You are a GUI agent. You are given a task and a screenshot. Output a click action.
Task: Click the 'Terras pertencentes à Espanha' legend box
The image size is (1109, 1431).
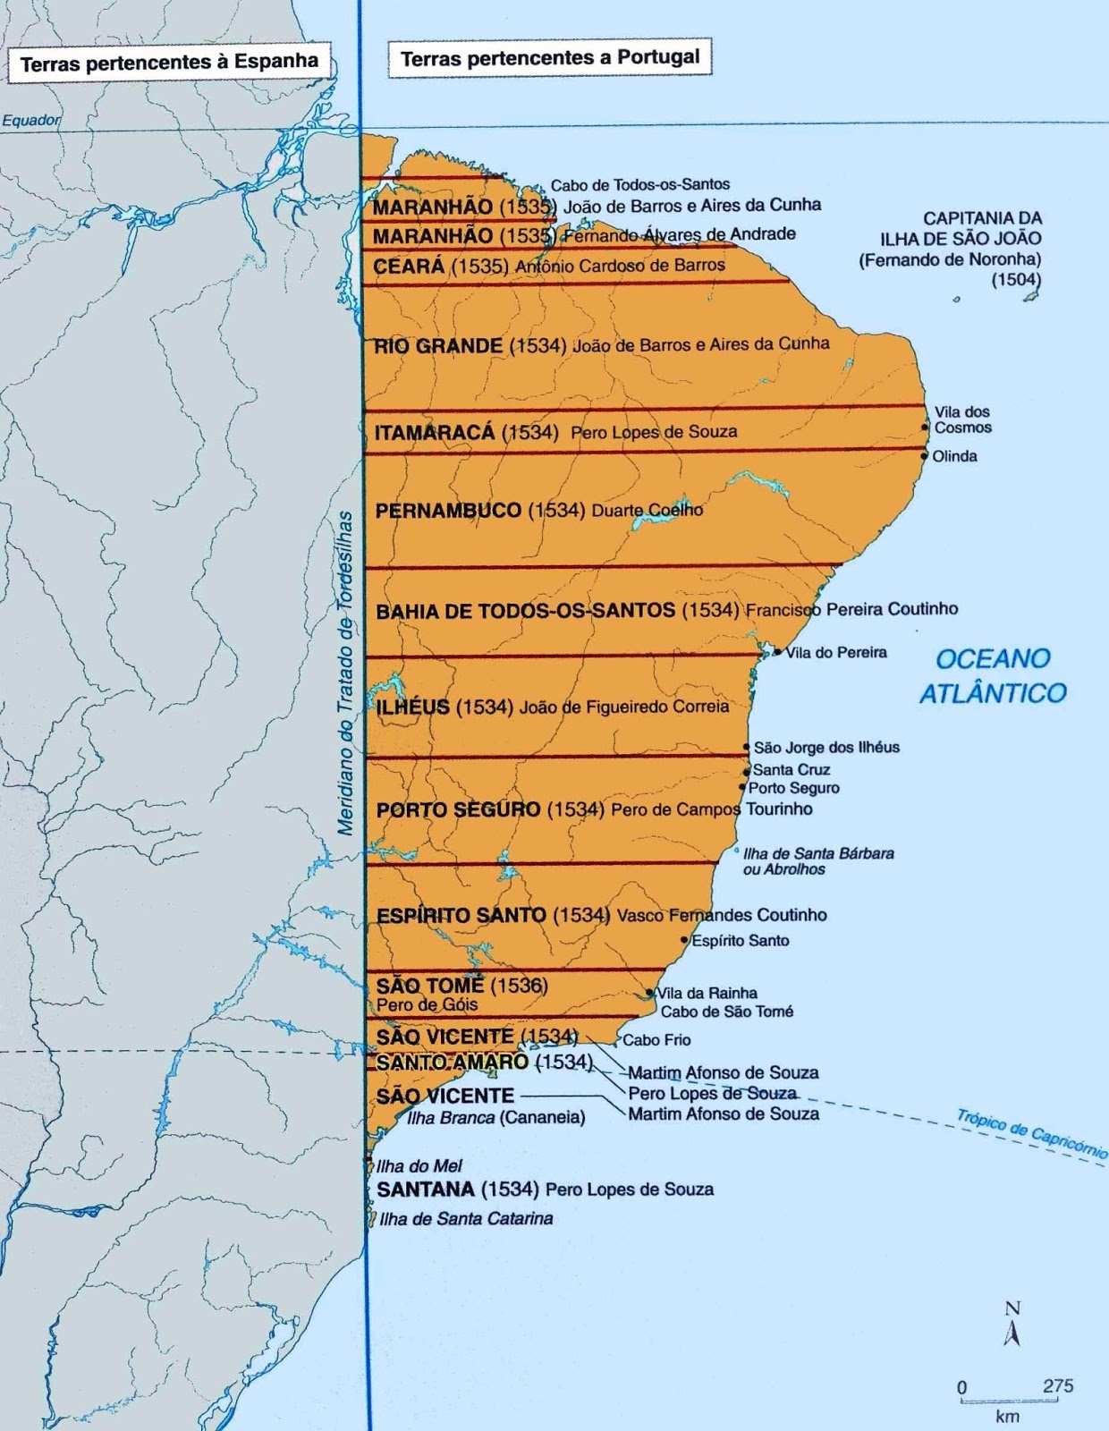[169, 63]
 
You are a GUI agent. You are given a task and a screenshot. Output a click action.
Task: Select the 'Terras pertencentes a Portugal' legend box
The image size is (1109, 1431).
[549, 59]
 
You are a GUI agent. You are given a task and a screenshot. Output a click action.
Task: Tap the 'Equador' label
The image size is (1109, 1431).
[31, 120]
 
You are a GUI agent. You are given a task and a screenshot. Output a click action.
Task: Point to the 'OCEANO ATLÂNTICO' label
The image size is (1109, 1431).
[993, 676]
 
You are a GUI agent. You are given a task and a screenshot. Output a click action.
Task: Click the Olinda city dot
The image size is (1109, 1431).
[925, 456]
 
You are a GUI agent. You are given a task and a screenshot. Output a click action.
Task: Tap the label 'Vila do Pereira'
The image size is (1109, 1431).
[836, 653]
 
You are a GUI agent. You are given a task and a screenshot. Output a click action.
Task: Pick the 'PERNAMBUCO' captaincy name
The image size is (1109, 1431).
[448, 511]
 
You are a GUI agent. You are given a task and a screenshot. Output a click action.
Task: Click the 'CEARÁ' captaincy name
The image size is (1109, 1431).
[409, 267]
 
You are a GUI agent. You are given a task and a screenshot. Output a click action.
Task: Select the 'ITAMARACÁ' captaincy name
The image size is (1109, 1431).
[435, 432]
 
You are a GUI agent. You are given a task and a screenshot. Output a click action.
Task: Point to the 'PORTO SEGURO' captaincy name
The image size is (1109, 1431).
[458, 809]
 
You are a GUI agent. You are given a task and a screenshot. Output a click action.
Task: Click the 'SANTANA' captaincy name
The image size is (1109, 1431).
[426, 1190]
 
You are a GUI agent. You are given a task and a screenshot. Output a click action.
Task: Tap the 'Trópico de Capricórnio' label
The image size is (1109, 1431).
[1032, 1133]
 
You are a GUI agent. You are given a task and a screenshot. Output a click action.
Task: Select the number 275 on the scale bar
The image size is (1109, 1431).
[1058, 1385]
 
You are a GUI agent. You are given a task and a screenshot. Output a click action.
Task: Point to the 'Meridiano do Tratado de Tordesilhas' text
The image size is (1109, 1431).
[346, 673]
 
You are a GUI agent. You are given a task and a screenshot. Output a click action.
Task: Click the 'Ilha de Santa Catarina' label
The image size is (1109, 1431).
[466, 1219]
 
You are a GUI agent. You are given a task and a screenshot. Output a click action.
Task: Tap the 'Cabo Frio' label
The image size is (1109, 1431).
[656, 1040]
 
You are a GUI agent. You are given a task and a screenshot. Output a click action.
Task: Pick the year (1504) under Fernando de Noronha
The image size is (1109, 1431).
[1016, 280]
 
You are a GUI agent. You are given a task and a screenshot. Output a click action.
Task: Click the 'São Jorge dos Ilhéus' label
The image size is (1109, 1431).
[826, 748]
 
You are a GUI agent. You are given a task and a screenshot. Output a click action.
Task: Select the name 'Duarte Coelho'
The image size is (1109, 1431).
[647, 510]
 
